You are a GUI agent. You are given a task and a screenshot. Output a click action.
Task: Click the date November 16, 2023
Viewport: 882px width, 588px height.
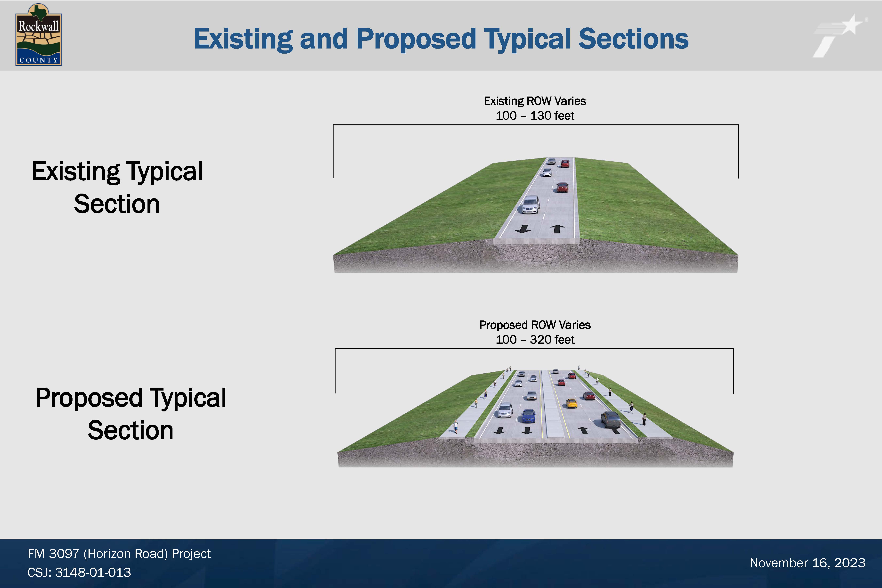point(807,563)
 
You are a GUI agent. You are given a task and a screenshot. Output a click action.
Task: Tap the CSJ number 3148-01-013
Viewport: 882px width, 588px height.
point(93,572)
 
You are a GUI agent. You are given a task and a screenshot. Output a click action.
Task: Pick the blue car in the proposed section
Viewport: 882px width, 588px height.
point(528,416)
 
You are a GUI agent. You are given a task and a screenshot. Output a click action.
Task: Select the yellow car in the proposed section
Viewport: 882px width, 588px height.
point(572,403)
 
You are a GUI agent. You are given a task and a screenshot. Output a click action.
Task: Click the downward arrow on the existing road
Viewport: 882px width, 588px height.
point(523,229)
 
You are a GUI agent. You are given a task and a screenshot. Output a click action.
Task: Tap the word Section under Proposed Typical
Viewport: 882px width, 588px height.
point(131,430)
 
